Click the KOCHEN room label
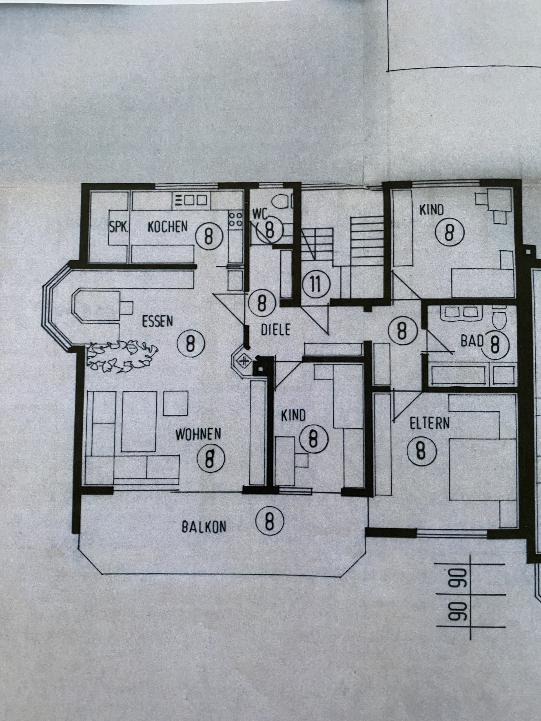click(168, 226)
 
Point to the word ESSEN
click(158, 321)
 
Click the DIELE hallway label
click(276, 330)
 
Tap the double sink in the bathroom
click(461, 313)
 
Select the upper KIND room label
click(431, 210)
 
